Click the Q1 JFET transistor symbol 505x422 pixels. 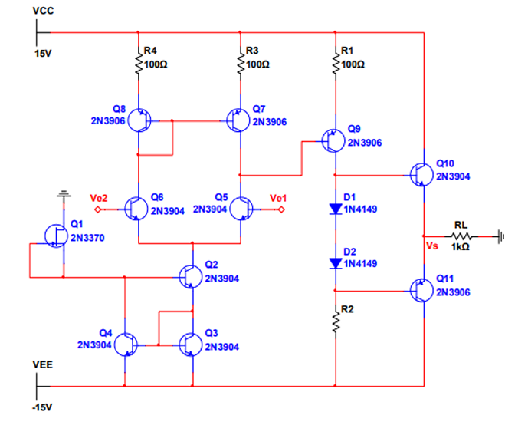pyautogui.click(x=56, y=236)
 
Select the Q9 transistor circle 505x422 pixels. pyautogui.click(x=333, y=140)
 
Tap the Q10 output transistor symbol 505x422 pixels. pyautogui.click(x=421, y=175)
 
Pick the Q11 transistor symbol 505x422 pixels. pyautogui.click(x=421, y=291)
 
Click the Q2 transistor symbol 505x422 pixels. pyautogui.click(x=191, y=277)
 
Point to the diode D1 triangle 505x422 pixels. pyautogui.click(x=336, y=209)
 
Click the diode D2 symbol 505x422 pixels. pyautogui.click(x=336, y=263)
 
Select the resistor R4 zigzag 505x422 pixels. pyautogui.click(x=139, y=64)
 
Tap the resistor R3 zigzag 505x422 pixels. pyautogui.click(x=241, y=64)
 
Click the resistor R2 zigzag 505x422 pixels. pyautogui.click(x=336, y=321)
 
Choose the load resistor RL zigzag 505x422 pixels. pyautogui.click(x=461, y=236)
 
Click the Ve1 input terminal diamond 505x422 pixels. pyautogui.click(x=280, y=209)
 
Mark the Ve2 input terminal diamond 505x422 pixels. pyautogui.click(x=97, y=209)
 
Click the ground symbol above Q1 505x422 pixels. pyautogui.click(x=64, y=194)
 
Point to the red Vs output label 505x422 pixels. pyautogui.click(x=432, y=246)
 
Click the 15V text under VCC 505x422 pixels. pyautogui.click(x=43, y=54)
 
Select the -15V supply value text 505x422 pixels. pyautogui.click(x=42, y=407)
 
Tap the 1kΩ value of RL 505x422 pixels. pyautogui.click(x=460, y=247)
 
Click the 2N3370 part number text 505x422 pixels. pyautogui.click(x=87, y=238)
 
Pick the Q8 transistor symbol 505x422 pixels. pyautogui.click(x=139, y=120)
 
